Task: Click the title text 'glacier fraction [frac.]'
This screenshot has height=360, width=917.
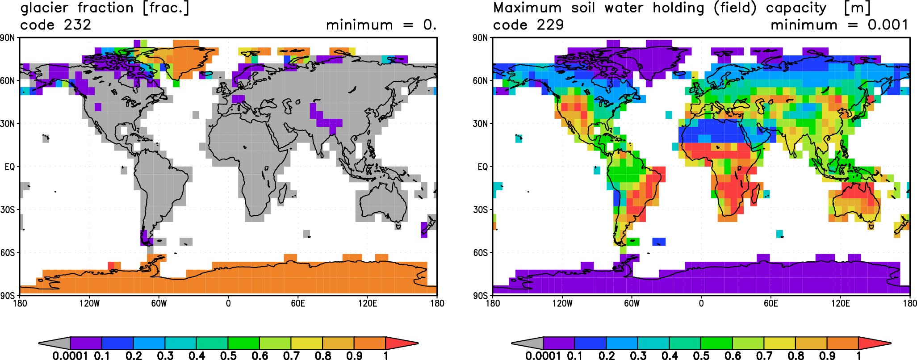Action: point(105,8)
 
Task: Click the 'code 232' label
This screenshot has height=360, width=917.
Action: point(56,25)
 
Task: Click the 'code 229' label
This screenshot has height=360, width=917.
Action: point(528,25)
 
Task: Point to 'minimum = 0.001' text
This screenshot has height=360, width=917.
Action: point(839,25)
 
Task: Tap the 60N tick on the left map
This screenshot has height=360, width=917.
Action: point(8,81)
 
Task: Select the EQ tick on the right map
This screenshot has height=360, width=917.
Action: point(483,167)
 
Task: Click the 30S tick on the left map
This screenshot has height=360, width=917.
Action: point(8,210)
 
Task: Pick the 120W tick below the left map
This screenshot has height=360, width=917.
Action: point(89,304)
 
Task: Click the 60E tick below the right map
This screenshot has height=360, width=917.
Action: point(771,304)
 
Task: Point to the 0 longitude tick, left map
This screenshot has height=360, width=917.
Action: point(228,304)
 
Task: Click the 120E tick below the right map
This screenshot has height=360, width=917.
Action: point(841,304)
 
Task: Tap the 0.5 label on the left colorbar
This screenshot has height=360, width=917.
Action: point(228,356)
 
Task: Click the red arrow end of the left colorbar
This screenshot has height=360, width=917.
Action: point(401,343)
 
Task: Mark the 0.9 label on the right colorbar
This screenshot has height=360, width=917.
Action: point(827,356)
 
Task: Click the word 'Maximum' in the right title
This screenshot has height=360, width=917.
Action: point(528,8)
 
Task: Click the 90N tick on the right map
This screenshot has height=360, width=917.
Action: point(481,38)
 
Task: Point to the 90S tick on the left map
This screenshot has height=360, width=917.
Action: point(8,296)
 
